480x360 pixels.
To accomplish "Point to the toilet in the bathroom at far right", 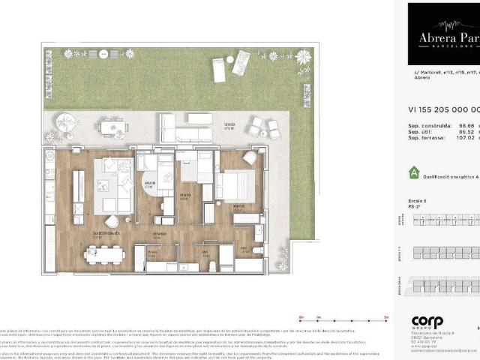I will click(256, 250).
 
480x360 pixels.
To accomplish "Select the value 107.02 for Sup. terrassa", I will click(466, 137).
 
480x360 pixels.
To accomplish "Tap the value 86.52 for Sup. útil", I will click(466, 130).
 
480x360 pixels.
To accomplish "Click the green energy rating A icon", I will click(414, 172).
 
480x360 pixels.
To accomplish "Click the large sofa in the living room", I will click(112, 183).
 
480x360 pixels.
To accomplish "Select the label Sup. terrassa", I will click(424, 137).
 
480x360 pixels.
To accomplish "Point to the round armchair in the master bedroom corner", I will click(249, 158).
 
